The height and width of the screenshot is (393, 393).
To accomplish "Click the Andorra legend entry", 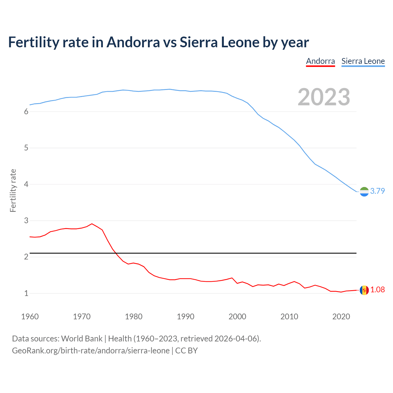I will pos(320,61).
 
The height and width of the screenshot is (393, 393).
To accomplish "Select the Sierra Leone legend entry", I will pos(363,61).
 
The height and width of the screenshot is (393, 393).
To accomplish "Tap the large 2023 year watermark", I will pos(324,97).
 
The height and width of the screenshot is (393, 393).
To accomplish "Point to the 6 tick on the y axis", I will pos(26,112).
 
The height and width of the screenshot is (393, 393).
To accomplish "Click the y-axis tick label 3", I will pos(26,221).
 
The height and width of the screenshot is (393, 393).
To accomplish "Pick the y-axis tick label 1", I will pos(26,294).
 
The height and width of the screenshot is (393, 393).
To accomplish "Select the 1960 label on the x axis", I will pos(30,317).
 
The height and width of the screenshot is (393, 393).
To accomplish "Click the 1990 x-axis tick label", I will pos(185,317).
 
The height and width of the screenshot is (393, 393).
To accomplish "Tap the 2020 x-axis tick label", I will pos(341,317).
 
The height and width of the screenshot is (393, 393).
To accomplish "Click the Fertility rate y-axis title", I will pos(13,190).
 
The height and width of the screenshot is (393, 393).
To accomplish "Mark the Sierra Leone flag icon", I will pos(364,192).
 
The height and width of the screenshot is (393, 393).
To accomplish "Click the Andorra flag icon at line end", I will pos(364,290).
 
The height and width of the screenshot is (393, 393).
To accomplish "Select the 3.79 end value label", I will pos(377,191).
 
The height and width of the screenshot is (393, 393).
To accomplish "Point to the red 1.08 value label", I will pos(377,290).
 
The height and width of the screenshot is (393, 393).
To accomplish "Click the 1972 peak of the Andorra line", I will pos(92,224).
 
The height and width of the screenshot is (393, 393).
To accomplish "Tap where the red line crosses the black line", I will pos(116,253).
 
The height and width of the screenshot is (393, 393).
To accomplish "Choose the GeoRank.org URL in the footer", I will pos(91,351).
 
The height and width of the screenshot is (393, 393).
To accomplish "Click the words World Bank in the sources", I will pos(82,339).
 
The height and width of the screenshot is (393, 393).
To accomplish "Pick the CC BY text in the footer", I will pos(186,351).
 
